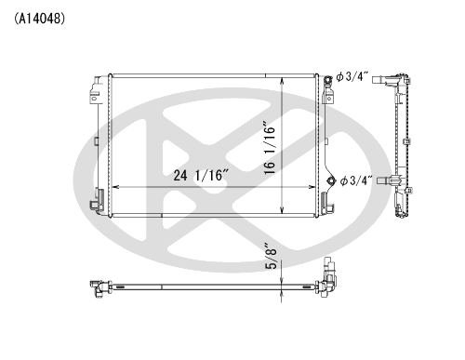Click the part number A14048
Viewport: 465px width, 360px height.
39,19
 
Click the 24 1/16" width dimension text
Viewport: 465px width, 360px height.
201,176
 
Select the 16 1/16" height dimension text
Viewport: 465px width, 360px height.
270,150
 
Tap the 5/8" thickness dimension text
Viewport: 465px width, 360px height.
271,256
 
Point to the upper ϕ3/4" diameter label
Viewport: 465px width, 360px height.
352,76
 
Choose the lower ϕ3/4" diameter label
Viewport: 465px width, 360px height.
355,180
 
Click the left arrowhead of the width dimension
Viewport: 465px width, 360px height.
115,187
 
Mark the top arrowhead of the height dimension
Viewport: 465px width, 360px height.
282,81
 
